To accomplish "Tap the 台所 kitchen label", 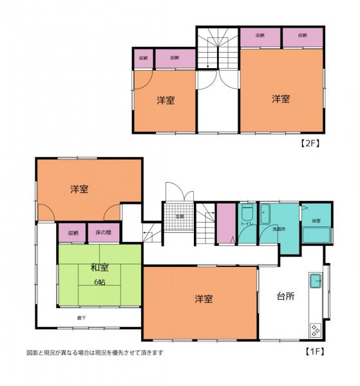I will (x=286, y=298).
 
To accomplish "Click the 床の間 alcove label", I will (x=104, y=232).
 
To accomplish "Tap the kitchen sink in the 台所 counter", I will (x=316, y=281).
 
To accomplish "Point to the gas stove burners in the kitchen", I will (x=316, y=330).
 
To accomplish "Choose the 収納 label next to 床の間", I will (x=72, y=232).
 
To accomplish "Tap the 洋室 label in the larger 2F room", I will (x=280, y=98).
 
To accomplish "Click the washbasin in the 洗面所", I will (x=267, y=213).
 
